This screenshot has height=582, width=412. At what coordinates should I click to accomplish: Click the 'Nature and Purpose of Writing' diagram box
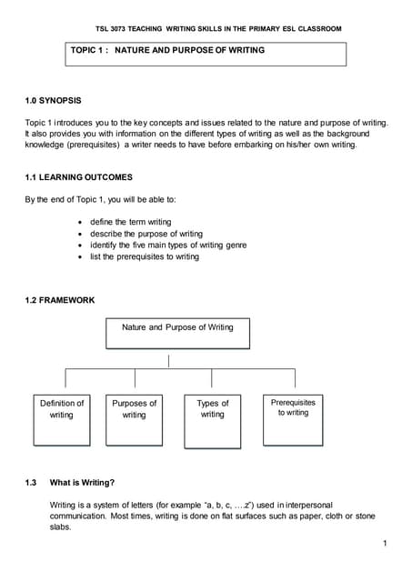click(176, 332)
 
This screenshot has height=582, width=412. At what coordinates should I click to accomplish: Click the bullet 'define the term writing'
click(130, 222)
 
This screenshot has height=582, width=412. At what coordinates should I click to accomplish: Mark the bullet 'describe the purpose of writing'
click(146, 234)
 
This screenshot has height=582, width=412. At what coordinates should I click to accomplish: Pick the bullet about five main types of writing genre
click(167, 245)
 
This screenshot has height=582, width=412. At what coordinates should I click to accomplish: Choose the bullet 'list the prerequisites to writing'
click(144, 256)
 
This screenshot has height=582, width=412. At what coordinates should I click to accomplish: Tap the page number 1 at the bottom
click(386, 543)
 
